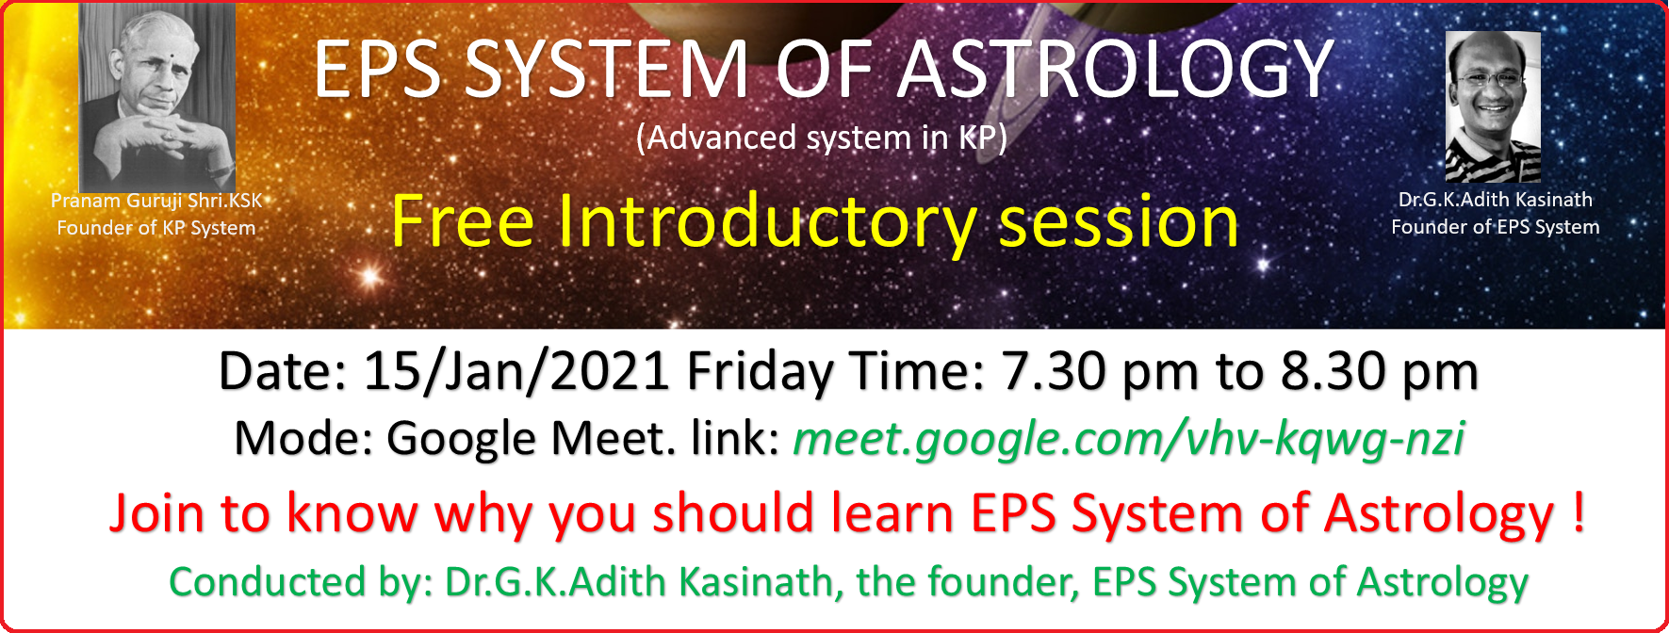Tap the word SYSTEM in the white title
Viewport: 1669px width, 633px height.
tap(606, 70)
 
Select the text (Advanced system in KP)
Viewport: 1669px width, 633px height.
tap(822, 138)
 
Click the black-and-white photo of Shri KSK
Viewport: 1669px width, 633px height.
tap(157, 94)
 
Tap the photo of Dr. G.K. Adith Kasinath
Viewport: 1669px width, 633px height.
tap(1493, 105)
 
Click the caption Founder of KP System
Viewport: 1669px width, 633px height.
tap(156, 228)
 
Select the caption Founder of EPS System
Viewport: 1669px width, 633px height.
tap(1495, 227)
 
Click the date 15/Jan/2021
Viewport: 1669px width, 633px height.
tap(516, 372)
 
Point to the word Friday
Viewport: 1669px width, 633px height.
tap(760, 372)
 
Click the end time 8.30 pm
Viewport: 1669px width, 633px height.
tap(1379, 372)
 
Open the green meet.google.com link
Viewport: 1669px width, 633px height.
tap(1128, 439)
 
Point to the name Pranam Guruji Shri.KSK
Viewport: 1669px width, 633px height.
tap(156, 201)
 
